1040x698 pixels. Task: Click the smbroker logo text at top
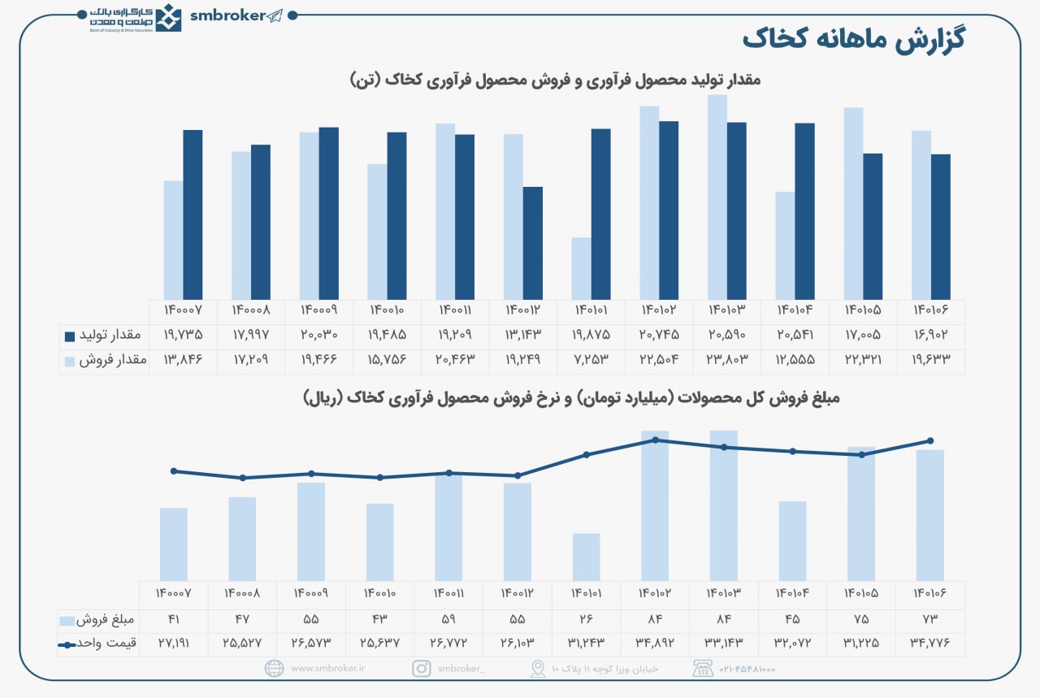pos(227,15)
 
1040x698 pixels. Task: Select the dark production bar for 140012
pos(532,243)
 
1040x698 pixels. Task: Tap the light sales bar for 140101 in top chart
pos(581,268)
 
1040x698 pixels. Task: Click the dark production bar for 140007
pos(193,215)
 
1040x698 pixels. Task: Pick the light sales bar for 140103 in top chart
pos(717,197)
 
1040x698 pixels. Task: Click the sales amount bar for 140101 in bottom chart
pos(586,557)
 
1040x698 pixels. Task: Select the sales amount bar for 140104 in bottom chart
pos(792,540)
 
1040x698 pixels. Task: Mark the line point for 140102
pos(655,440)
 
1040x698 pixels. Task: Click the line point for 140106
pos(930,440)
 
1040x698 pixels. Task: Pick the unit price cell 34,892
pos(655,644)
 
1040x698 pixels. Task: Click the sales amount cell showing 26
pos(586,621)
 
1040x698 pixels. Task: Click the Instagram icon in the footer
pos(421,669)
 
